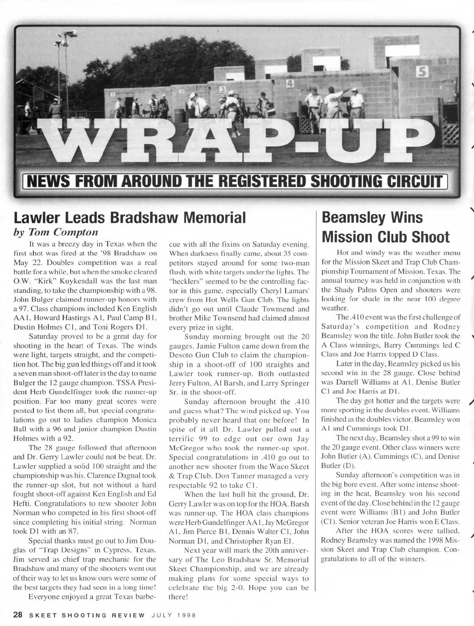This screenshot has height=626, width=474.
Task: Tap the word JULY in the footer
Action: (x=162, y=615)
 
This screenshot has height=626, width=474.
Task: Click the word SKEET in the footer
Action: (x=41, y=615)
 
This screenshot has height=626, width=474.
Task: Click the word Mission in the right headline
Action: (x=348, y=237)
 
